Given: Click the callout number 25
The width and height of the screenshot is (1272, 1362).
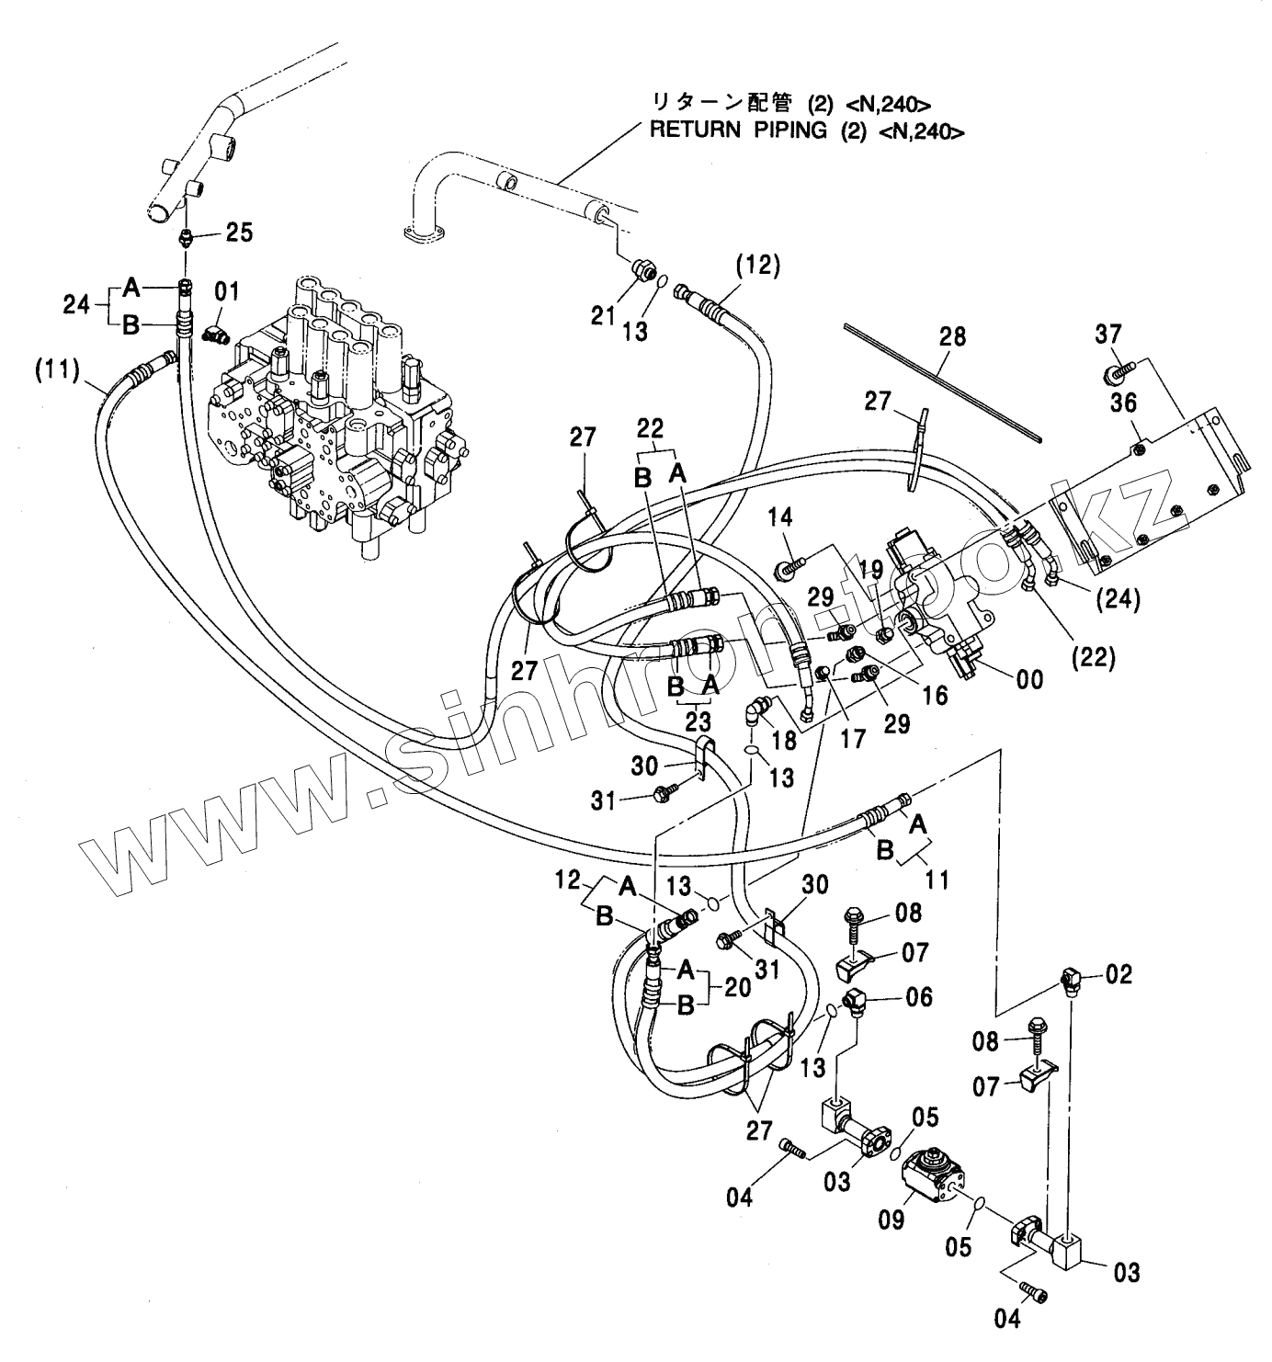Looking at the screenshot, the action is tap(240, 233).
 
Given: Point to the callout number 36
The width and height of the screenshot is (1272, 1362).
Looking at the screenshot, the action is tap(1123, 403).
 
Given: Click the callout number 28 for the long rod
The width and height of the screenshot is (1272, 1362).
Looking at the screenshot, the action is tap(952, 336).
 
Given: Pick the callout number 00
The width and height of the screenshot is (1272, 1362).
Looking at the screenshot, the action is tap(1029, 680).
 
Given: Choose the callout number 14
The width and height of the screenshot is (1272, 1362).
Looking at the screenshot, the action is tap(779, 516).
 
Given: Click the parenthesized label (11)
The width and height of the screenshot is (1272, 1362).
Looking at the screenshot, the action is tap(57, 370).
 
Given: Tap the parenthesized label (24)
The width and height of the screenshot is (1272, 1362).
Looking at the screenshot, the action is tap(1118, 600).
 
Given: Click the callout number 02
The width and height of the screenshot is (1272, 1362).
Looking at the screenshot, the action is tap(1119, 974).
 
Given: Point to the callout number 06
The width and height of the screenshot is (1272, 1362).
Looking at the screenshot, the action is tap(919, 997).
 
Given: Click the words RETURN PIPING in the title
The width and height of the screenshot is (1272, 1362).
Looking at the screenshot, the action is tap(737, 130).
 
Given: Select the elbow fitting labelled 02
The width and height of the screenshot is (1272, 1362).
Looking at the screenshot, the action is tap(1071, 980).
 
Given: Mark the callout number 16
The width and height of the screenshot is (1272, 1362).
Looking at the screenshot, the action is tap(935, 695).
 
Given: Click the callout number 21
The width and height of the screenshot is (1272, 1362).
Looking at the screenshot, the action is tap(603, 316).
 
